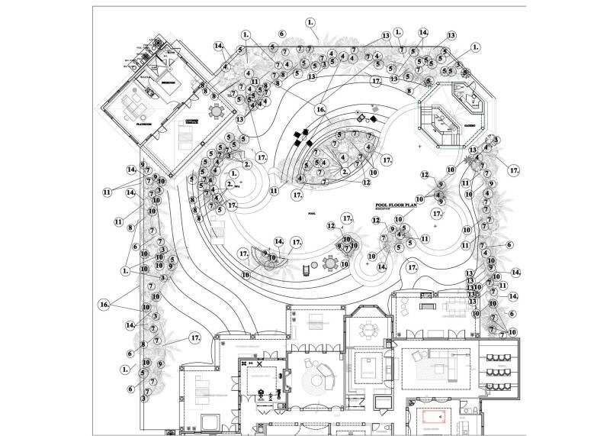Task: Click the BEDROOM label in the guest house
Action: pyautogui.click(x=169, y=82)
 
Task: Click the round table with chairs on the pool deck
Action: pyautogui.click(x=329, y=263)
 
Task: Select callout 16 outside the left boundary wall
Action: pyautogui.click(x=104, y=304)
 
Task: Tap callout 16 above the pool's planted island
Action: pyautogui.click(x=321, y=110)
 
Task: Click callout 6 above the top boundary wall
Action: pyautogui.click(x=281, y=34)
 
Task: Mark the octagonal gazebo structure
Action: pyautogui.click(x=440, y=123)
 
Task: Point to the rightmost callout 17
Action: pyautogui.click(x=514, y=170)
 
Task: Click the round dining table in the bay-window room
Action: pyautogui.click(x=369, y=331)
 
